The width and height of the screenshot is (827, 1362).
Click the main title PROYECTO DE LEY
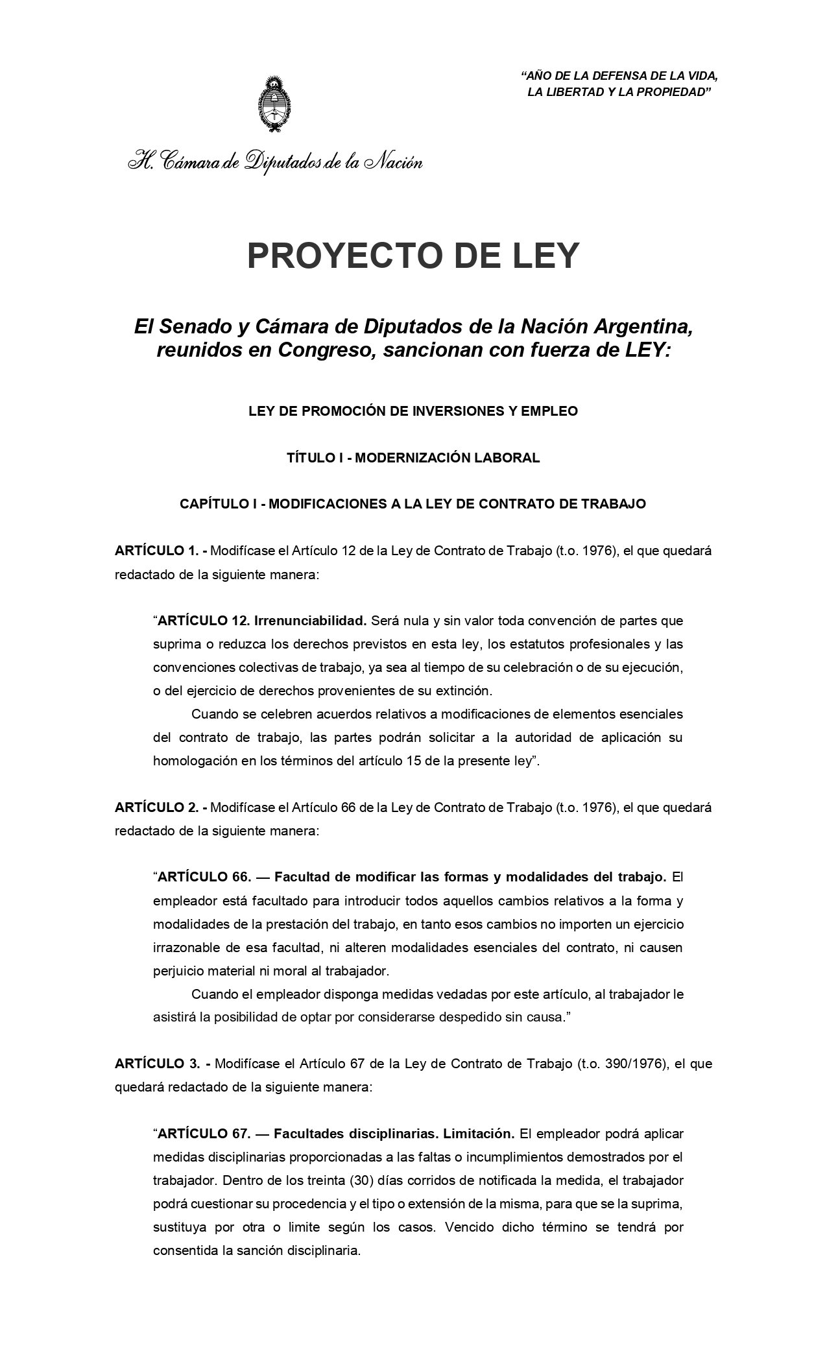(413, 256)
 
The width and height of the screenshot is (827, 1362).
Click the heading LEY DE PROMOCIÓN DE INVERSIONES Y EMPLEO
(413, 411)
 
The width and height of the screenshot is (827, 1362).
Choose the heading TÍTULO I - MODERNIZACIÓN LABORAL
(413, 458)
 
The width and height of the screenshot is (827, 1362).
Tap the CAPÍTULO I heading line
(413, 504)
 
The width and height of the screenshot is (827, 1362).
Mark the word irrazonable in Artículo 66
(186, 948)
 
